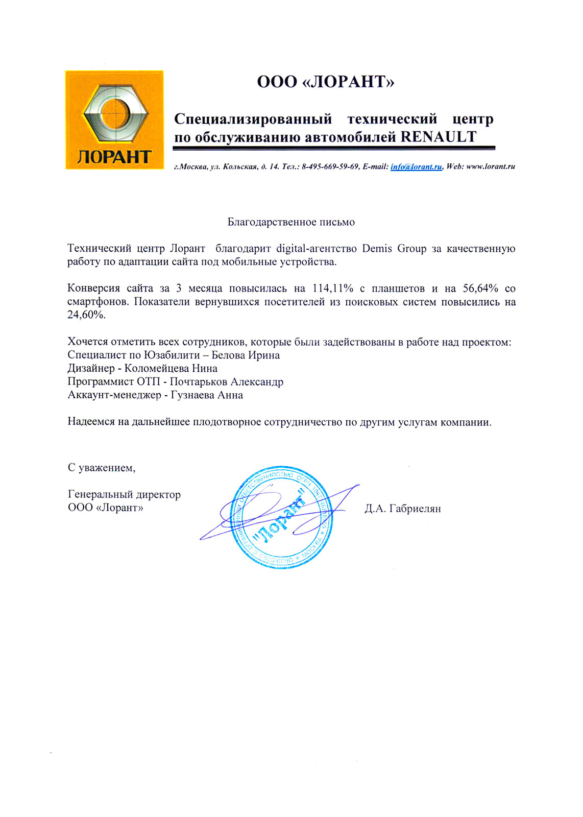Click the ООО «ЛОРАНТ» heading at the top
pos(325,82)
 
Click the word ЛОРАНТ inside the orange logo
pos(114,156)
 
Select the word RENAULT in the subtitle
pos(439,137)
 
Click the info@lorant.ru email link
pos(416,167)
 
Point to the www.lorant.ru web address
pos(491,167)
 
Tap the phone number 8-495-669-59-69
pos(330,167)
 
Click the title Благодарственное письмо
pos(291,222)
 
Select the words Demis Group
pos(394,249)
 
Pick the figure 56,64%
pos(480,289)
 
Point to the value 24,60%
pos(86,315)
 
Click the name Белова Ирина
pos(246,355)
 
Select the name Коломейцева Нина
pos(171,369)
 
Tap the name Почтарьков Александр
pos(226,382)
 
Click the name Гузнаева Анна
pos(207,395)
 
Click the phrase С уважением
pos(102,468)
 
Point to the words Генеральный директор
pos(124,494)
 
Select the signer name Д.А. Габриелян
pos(402,509)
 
